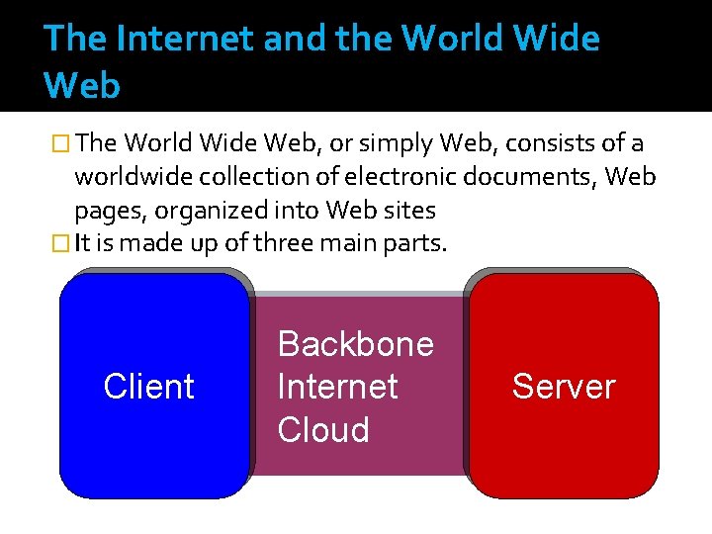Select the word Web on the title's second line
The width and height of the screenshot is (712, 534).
[82, 86]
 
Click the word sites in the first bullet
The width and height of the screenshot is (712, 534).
[408, 212]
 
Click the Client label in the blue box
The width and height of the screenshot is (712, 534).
[148, 387]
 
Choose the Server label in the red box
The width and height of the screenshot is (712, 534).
[563, 387]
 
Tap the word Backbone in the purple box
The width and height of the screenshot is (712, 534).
[355, 344]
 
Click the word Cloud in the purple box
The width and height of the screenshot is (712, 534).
[323, 430]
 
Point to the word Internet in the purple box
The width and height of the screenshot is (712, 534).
[337, 387]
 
